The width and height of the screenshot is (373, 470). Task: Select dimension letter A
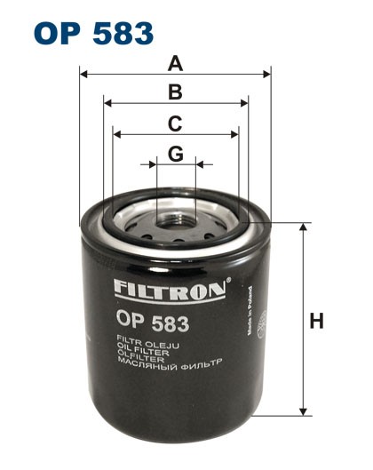click(x=176, y=64)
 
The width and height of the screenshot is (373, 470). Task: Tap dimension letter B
click(x=176, y=92)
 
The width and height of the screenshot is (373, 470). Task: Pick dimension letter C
click(x=176, y=123)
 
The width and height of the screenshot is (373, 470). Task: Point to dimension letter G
click(x=176, y=154)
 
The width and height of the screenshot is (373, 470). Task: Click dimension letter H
click(x=316, y=321)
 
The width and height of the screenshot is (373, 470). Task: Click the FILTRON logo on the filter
click(x=169, y=289)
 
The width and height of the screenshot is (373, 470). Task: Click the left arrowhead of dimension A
click(x=83, y=75)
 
